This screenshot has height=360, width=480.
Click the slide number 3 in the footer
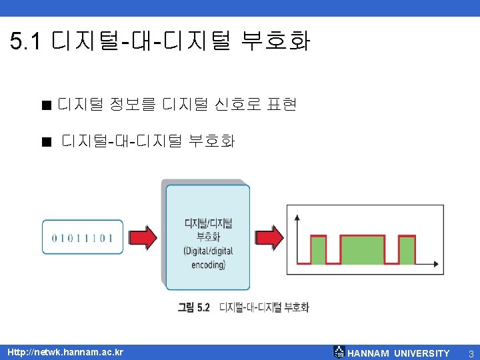(x=471, y=353)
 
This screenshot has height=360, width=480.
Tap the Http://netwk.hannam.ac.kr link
(x=65, y=352)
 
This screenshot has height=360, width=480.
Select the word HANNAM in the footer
(x=369, y=353)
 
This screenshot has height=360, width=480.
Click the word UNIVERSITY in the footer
(x=422, y=353)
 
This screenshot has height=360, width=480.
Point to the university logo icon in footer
(x=339, y=352)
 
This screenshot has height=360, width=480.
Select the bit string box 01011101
(x=82, y=237)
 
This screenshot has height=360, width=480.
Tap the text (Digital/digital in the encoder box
(x=208, y=251)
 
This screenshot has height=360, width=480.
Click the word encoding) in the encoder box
(x=208, y=264)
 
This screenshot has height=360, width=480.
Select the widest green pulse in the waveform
(x=363, y=249)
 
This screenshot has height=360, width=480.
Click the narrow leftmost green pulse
(x=318, y=249)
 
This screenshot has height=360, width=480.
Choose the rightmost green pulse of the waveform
(x=407, y=249)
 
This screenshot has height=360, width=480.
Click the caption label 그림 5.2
(x=194, y=307)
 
